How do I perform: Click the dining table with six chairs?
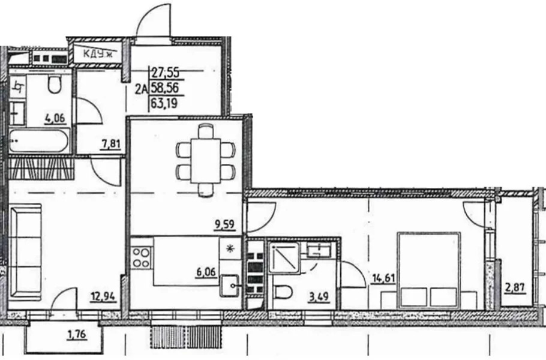(x=204, y=160)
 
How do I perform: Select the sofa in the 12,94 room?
(x=25, y=251)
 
